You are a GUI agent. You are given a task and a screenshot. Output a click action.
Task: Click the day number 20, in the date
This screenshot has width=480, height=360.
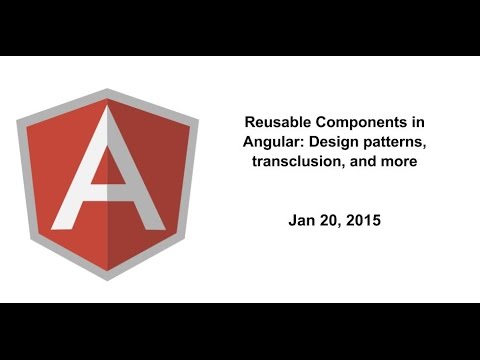point(331,216)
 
